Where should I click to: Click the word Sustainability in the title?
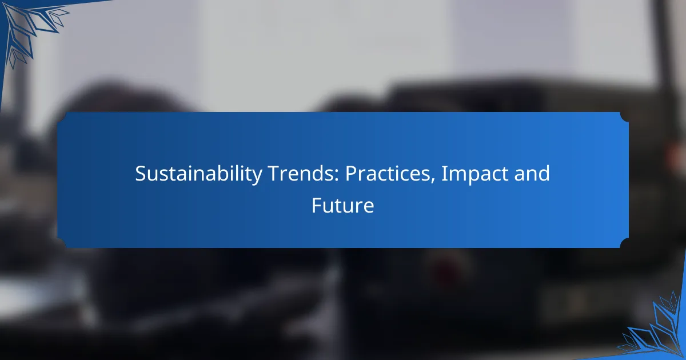tap(198, 174)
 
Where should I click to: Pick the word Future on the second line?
tap(342, 205)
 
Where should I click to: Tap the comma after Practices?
tap(433, 181)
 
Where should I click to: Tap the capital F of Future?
tap(317, 205)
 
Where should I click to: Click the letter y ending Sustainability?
tap(257, 177)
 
